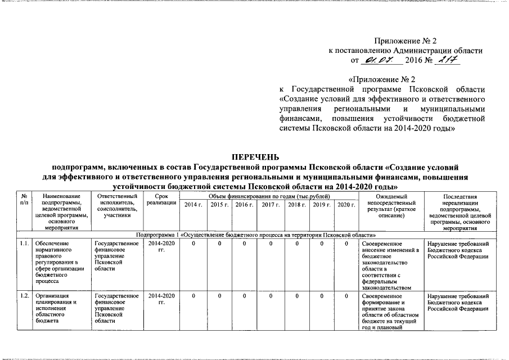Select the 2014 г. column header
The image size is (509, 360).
[x=193, y=206]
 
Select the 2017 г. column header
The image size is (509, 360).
[x=270, y=206]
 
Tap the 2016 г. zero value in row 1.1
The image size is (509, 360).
[x=245, y=244]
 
